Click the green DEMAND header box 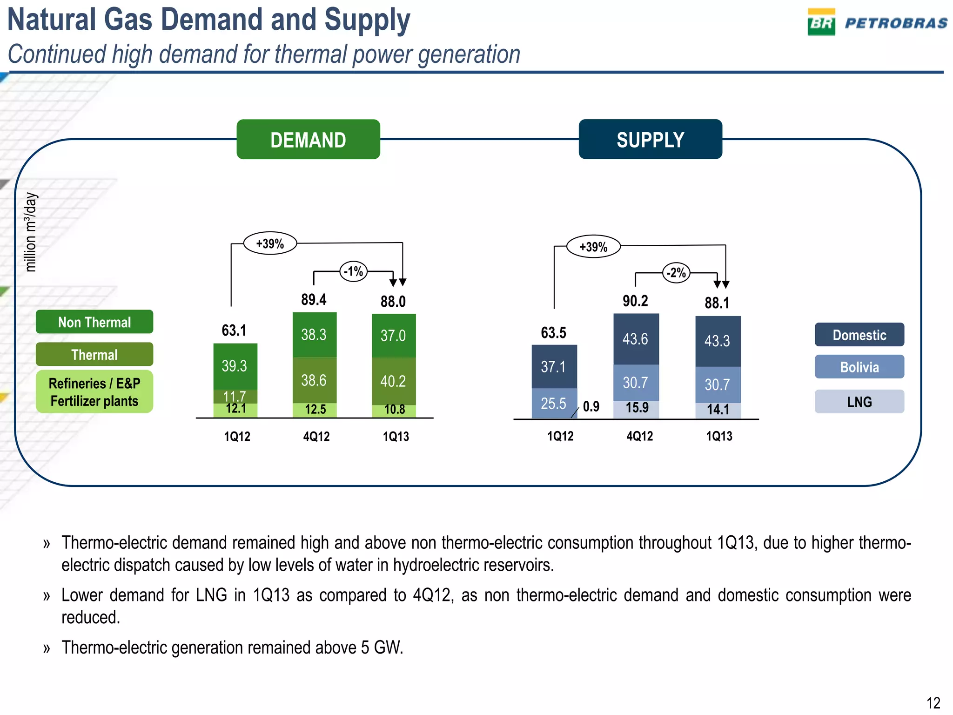pos(308,140)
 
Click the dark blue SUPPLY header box pos(650,140)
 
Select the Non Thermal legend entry pos(94,322)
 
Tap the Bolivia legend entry pos(859,367)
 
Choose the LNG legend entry pos(859,402)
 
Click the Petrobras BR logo pos(821,22)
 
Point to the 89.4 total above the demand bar pos(314,300)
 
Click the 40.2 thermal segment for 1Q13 pos(393,381)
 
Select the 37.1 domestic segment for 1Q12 pos(553,367)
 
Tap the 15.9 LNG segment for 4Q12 pos(637,408)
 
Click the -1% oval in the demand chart pos(354,271)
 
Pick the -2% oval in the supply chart pos(676,273)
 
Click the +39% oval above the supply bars pos(593,247)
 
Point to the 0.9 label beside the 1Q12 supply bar pos(591,407)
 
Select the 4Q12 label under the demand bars pos(316,437)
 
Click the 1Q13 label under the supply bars pos(719,436)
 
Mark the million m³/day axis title pos(30,232)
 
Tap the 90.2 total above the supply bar pos(635,301)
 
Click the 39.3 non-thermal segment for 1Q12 pos(234,366)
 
